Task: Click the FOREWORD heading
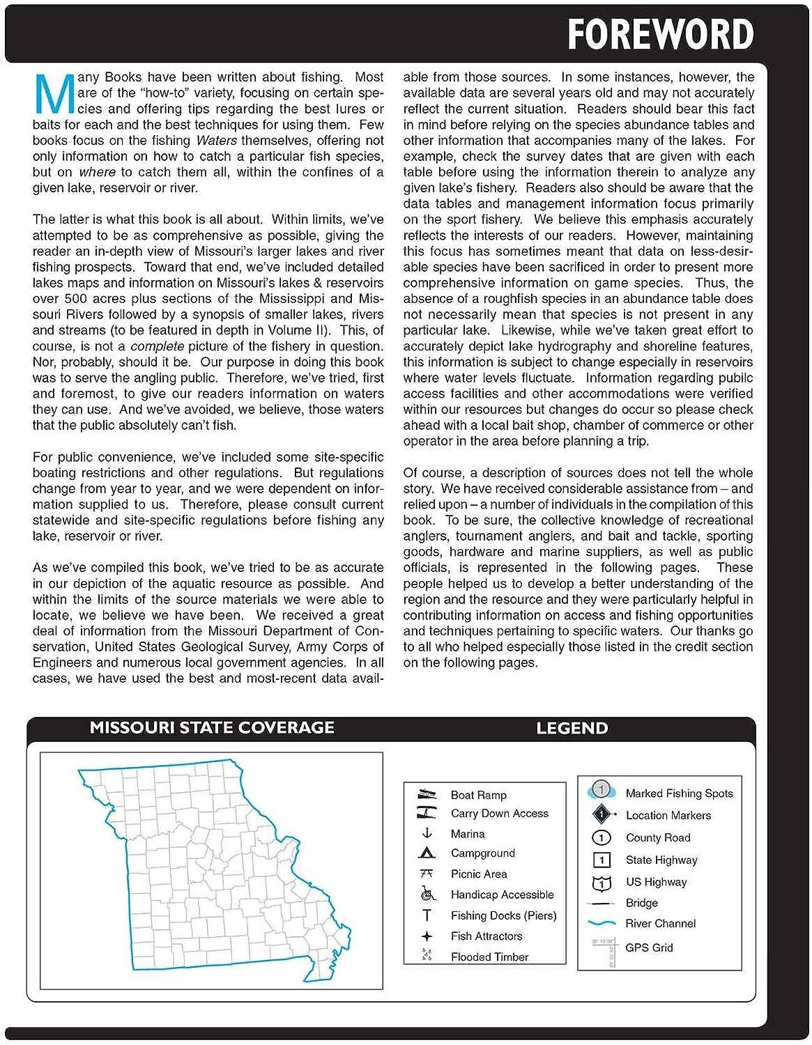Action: click(660, 34)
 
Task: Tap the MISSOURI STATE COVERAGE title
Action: click(212, 728)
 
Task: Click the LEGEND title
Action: click(572, 729)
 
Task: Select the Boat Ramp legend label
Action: click(478, 795)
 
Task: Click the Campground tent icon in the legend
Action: click(427, 853)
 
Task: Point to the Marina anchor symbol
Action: click(427, 833)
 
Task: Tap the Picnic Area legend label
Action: click(478, 874)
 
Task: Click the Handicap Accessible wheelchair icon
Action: click(427, 894)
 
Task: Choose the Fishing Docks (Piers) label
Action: click(503, 915)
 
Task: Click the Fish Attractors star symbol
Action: click(427, 936)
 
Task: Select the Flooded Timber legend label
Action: click(489, 957)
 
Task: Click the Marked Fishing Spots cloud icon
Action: click(601, 791)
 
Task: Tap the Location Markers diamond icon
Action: click(602, 814)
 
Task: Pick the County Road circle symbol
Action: click(601, 837)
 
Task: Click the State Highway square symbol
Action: click(601, 860)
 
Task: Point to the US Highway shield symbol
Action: click(601, 883)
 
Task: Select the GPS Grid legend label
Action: click(649, 947)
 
